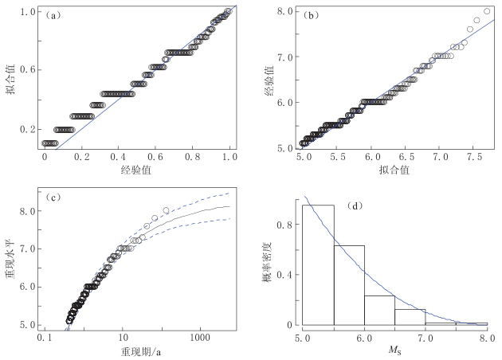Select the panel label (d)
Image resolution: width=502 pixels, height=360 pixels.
(356, 206)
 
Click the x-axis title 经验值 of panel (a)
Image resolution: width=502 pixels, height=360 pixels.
(137, 170)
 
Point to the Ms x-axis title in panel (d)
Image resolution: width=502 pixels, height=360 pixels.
(395, 351)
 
